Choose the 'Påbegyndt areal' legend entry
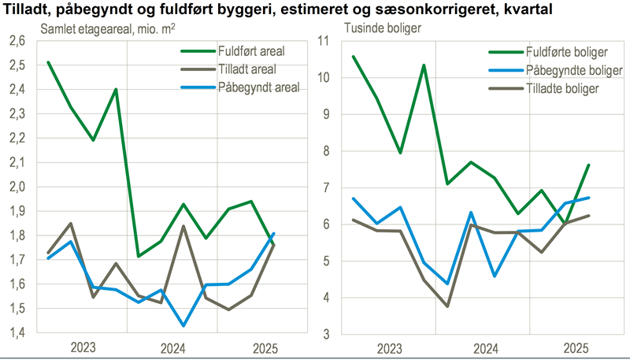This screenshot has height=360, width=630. (x=258, y=87)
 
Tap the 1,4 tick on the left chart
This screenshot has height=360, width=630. (x=17, y=333)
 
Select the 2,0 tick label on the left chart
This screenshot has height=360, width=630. (x=17, y=187)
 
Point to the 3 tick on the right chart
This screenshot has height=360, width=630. (x=325, y=334)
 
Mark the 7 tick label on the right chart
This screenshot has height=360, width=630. (x=325, y=187)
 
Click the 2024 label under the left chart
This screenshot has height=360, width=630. (x=172, y=347)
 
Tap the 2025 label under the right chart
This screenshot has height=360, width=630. (x=576, y=347)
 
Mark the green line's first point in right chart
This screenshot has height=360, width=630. (x=354, y=57)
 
